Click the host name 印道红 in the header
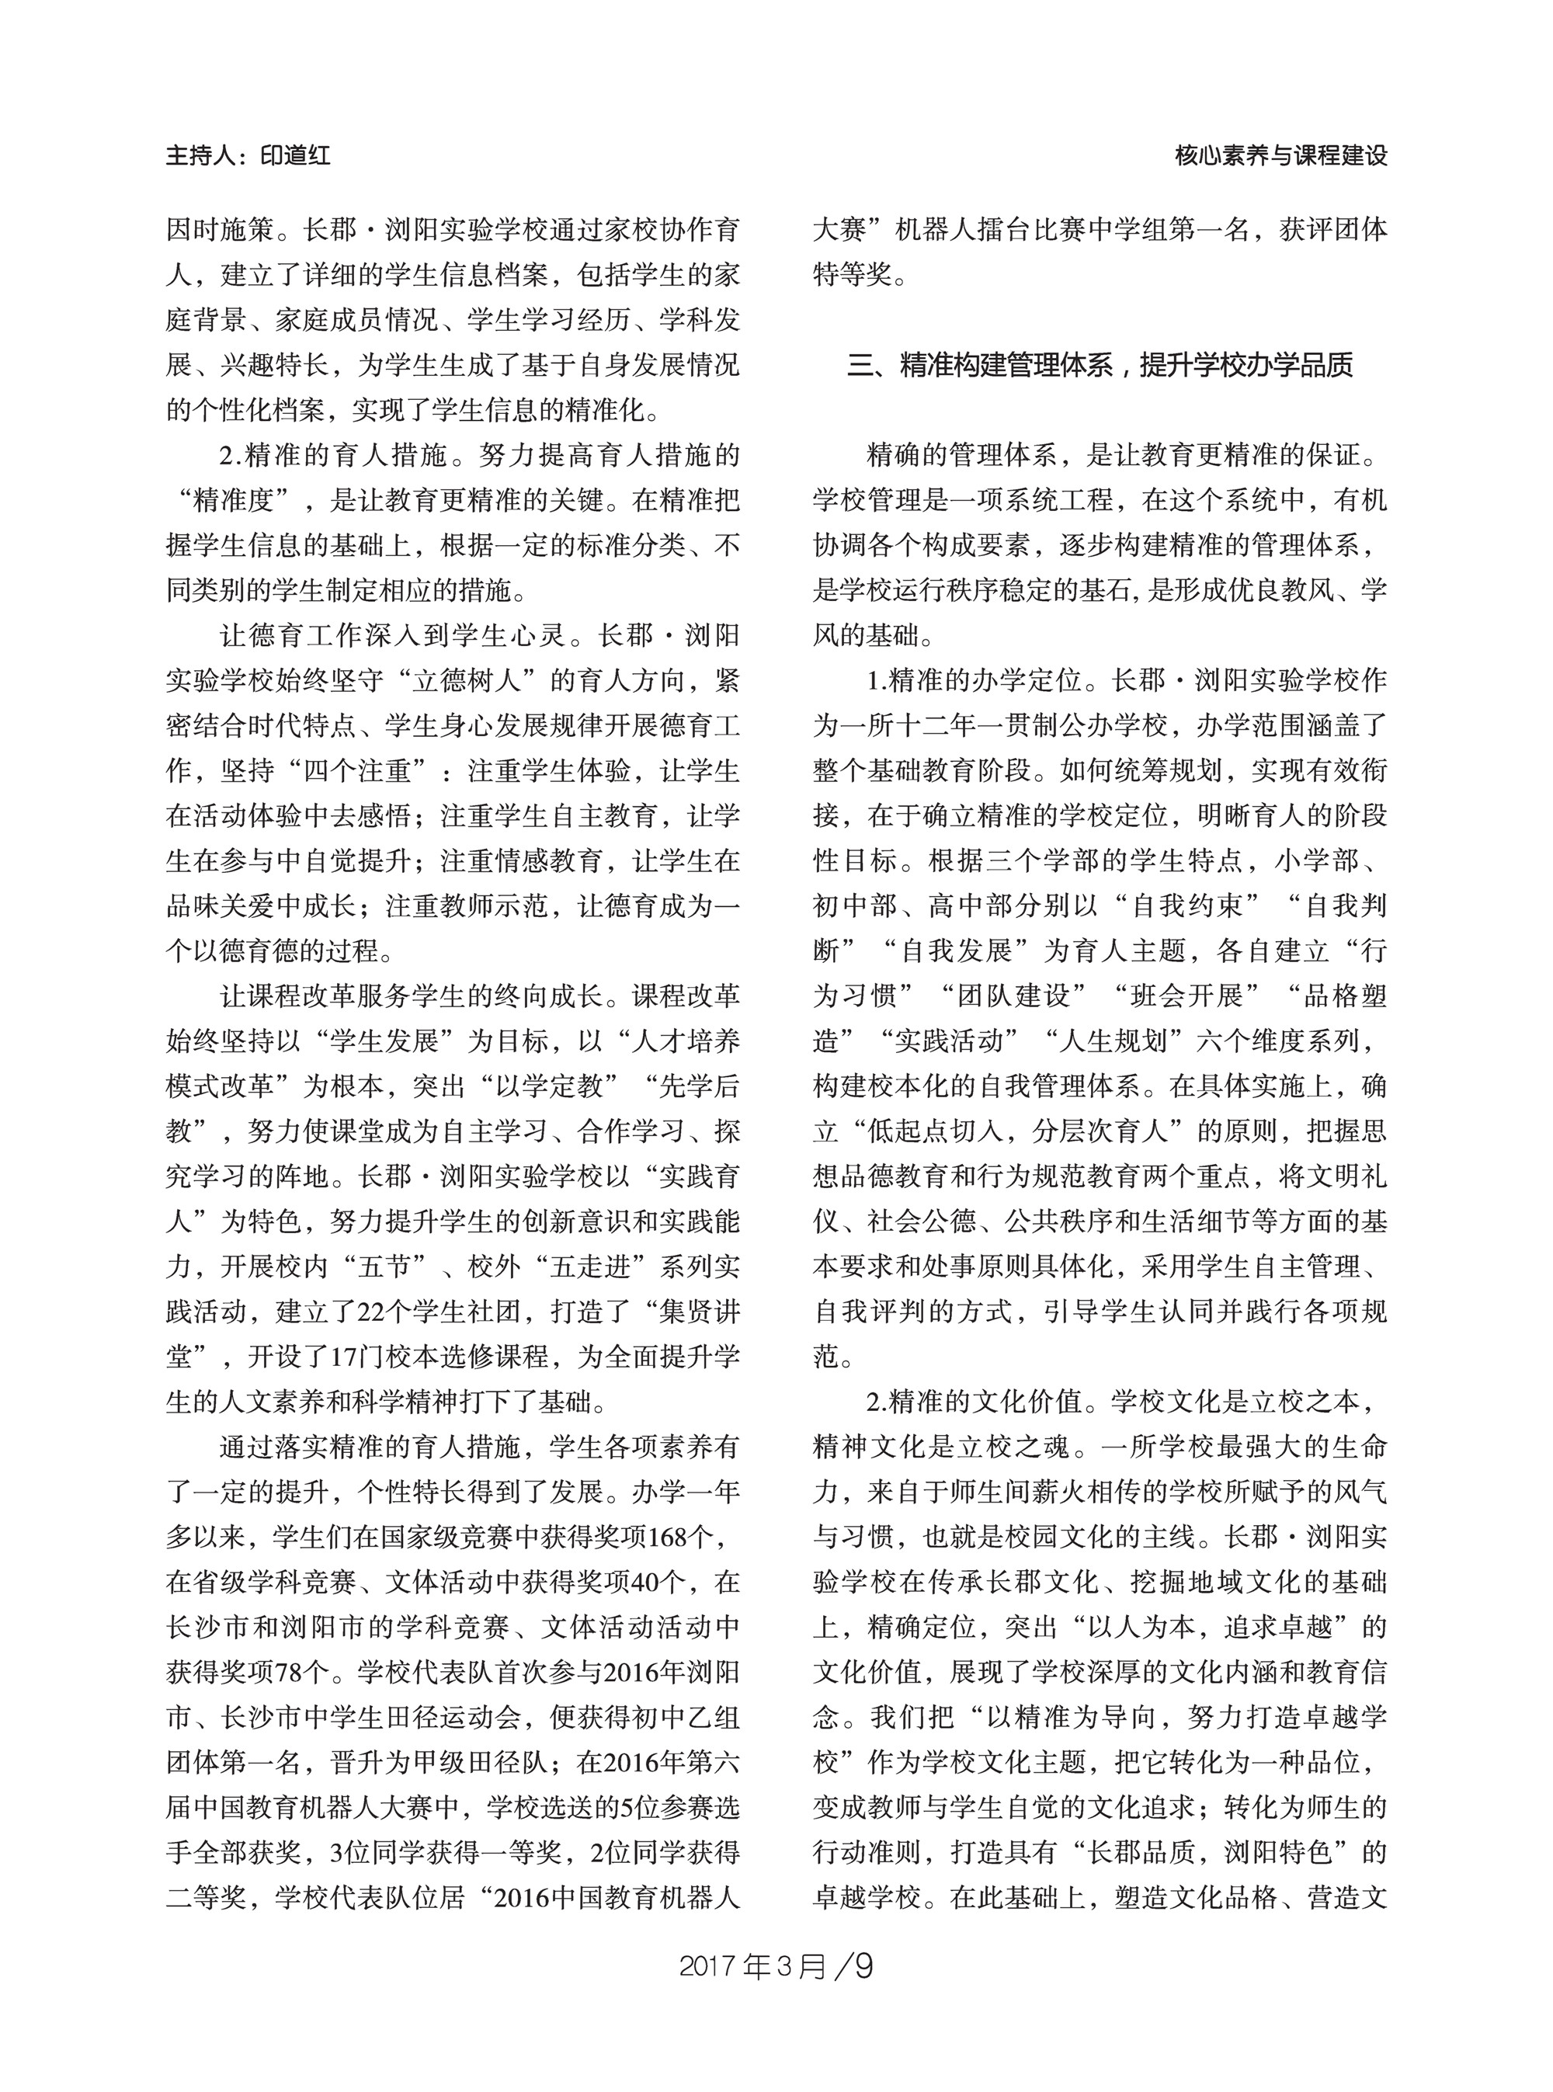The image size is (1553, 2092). point(295,156)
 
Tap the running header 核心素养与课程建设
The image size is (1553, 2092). point(1280,156)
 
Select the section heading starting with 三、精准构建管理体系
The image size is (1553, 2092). point(1099,365)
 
